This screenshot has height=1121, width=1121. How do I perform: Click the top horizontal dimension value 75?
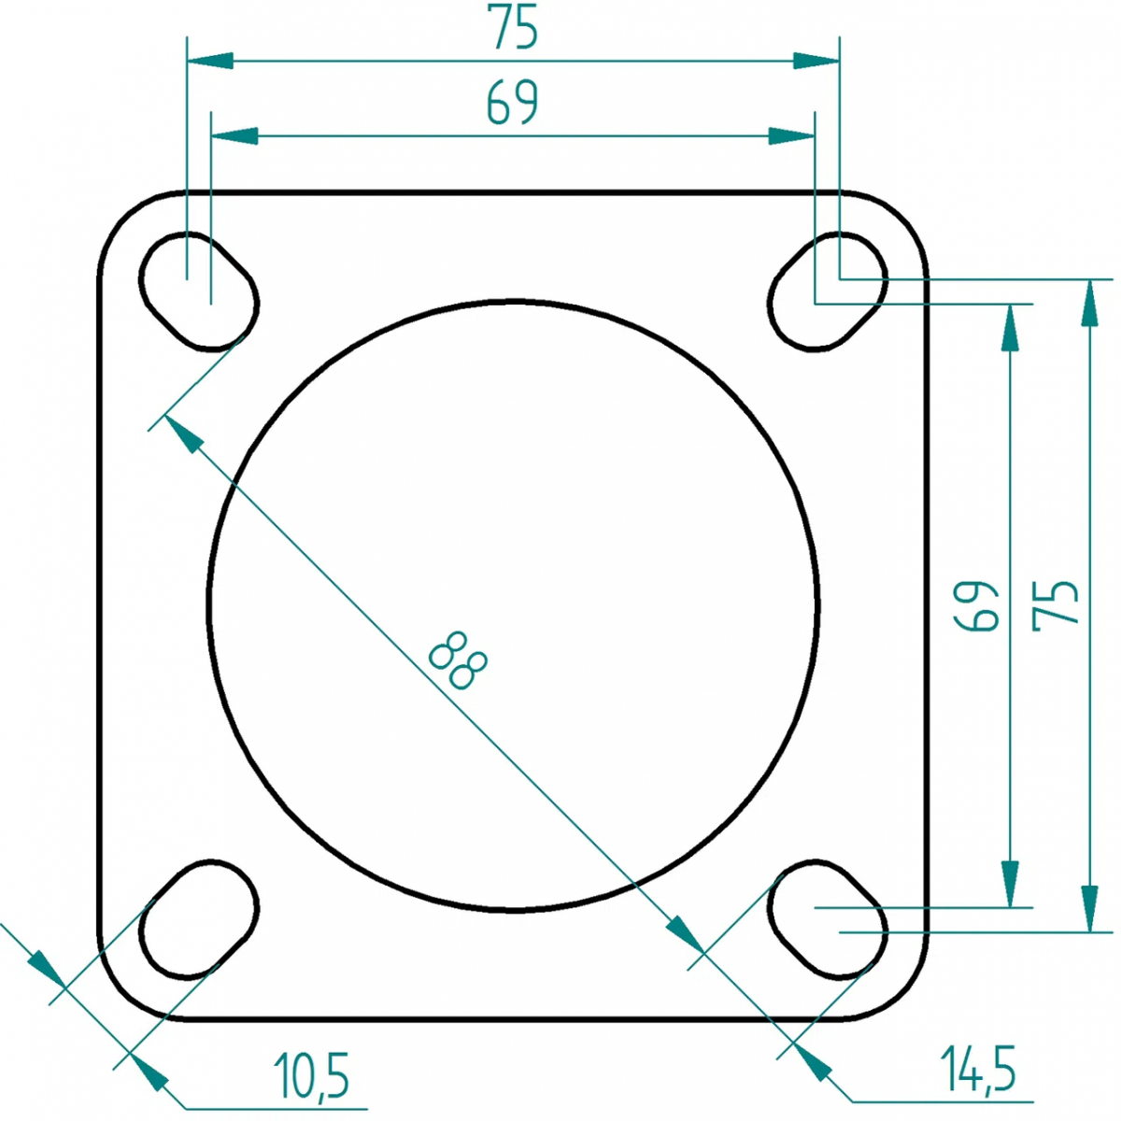pos(513,27)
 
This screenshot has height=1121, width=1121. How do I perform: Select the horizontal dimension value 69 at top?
pos(513,103)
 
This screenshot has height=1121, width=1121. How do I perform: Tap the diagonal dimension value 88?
pos(458,660)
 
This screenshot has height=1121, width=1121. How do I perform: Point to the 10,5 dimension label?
pos(311,1075)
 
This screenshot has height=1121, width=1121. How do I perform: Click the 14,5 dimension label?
pos(978,1068)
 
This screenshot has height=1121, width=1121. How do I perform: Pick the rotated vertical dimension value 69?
pos(975,605)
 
